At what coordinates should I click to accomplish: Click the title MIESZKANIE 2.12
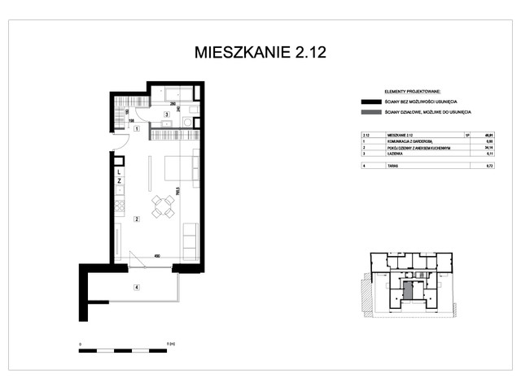[260, 53]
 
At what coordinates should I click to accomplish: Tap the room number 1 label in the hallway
[138, 129]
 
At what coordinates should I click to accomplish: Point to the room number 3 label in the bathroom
[166, 115]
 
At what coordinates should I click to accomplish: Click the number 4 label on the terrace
[138, 287]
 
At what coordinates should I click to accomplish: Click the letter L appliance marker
[119, 173]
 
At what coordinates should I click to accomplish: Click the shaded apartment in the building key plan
[410, 288]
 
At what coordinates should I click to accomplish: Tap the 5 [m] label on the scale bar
[168, 344]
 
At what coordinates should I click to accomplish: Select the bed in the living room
[180, 168]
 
